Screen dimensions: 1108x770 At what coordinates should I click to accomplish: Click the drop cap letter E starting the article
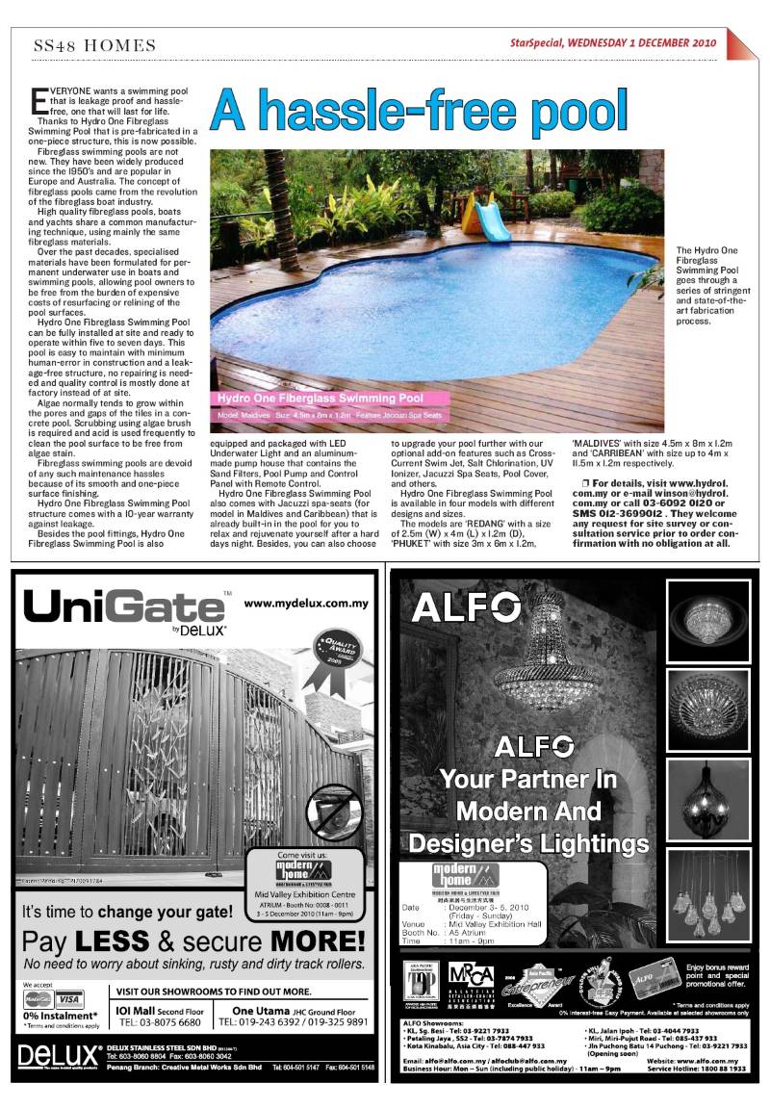click(38, 99)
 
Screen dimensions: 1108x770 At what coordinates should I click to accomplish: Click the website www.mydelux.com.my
click(307, 605)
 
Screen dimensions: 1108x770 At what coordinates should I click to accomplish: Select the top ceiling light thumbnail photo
click(708, 619)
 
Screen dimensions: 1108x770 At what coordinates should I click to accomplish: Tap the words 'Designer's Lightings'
click(528, 843)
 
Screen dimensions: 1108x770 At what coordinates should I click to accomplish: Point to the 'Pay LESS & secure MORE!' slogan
click(193, 941)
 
